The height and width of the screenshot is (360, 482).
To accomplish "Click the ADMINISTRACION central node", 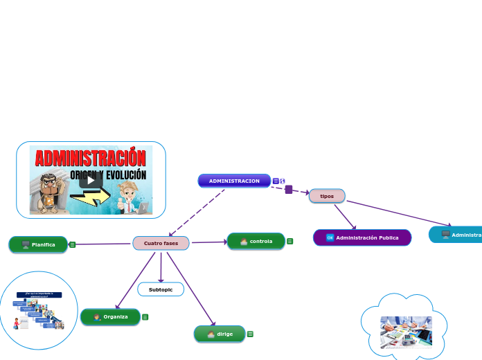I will pos(234,181).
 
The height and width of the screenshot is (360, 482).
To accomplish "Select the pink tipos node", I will pos(327,196).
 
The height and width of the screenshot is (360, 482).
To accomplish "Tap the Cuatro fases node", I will pos(161,243).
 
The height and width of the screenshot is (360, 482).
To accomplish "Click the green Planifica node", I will pos(38,244).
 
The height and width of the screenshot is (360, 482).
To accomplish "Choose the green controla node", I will pos(256,241).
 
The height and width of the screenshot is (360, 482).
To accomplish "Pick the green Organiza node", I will pos(110,316).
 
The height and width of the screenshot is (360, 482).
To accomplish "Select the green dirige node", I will pos(220,334).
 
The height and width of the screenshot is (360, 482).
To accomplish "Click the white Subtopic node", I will pos(161,289).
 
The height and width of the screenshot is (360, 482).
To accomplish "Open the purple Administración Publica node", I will pos(362,237).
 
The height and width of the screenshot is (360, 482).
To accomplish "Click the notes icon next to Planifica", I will pos(73,244).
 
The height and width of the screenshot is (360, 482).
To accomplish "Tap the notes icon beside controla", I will pos(290,241).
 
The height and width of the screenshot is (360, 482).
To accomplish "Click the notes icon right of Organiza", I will pos(145,317).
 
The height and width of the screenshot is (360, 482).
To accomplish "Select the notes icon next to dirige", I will pos(250,334).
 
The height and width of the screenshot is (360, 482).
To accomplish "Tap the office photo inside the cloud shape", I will pos(406,332).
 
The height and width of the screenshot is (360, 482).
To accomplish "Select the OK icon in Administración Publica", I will pos(330,237).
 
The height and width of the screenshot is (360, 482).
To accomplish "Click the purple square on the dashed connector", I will pos(289,189).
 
